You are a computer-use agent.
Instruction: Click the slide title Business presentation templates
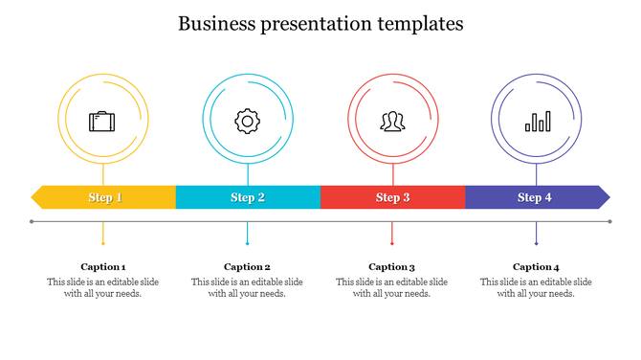point(320,24)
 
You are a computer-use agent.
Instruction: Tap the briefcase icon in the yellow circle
point(102,122)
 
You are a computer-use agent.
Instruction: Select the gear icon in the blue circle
point(248,121)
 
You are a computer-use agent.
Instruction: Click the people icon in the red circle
point(392,122)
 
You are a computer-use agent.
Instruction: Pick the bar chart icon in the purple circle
point(537,122)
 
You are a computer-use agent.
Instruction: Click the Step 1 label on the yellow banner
point(105,198)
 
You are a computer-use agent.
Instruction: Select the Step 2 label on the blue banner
point(248,198)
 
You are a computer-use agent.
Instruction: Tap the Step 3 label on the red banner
point(392,198)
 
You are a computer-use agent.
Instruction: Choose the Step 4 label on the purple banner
point(535,198)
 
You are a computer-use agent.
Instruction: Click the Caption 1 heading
point(103,267)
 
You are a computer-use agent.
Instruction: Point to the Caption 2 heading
point(247,267)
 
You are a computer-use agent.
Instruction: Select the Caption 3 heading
point(391,267)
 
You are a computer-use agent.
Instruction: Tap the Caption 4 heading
point(536,267)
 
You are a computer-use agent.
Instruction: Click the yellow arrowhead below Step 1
point(103,243)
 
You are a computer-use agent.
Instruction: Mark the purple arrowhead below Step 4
point(536,243)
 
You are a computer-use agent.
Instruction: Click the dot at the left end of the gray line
point(33,221)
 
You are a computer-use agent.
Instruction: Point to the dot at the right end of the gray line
point(609,221)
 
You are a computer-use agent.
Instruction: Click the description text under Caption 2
point(247,288)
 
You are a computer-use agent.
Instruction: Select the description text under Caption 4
point(536,288)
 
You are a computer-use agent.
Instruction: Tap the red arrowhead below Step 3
point(391,243)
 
